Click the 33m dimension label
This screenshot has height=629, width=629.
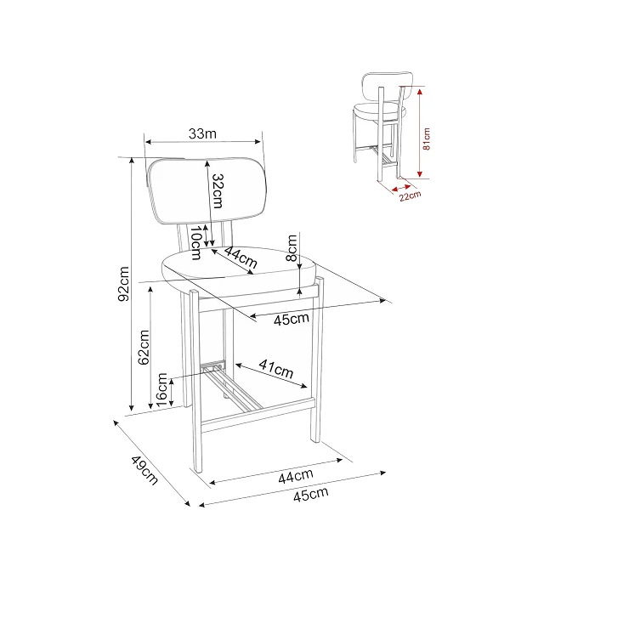[202, 133]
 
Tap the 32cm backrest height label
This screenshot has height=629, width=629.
[218, 191]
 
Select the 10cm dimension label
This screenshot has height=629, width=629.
[195, 243]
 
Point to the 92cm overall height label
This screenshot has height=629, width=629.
[123, 284]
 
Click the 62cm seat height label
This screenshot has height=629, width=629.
[144, 348]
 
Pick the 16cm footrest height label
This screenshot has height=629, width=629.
[161, 390]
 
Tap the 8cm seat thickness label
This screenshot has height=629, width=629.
[292, 248]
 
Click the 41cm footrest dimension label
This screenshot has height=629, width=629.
[276, 369]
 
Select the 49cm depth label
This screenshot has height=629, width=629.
[144, 470]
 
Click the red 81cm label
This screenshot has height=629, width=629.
[427, 139]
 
